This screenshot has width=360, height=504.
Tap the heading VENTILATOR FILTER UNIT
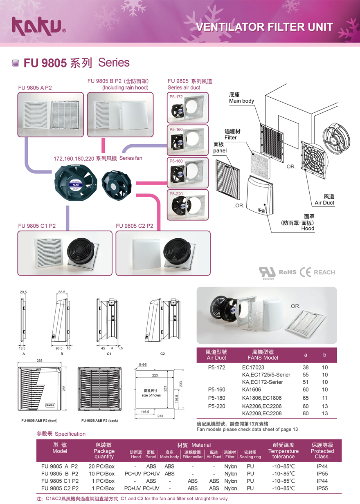(265, 27)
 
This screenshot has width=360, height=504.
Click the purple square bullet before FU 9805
(16, 63)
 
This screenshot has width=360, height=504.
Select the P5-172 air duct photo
(187, 108)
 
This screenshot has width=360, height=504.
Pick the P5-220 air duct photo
(187, 204)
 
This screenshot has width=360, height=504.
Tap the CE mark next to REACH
(305, 272)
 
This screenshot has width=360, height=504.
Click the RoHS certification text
(287, 272)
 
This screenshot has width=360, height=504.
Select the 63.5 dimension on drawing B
(62, 292)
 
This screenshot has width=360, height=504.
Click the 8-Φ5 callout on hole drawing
(142, 364)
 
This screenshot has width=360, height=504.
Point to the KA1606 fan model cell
(251, 390)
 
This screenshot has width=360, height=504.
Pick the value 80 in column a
(306, 413)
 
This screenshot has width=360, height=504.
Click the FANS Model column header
(263, 355)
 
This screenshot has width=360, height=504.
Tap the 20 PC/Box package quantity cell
(101, 466)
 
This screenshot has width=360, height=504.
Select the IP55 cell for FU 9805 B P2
(322, 473)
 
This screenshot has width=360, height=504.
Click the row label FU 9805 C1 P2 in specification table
(60, 481)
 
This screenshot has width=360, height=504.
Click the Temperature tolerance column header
(283, 451)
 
